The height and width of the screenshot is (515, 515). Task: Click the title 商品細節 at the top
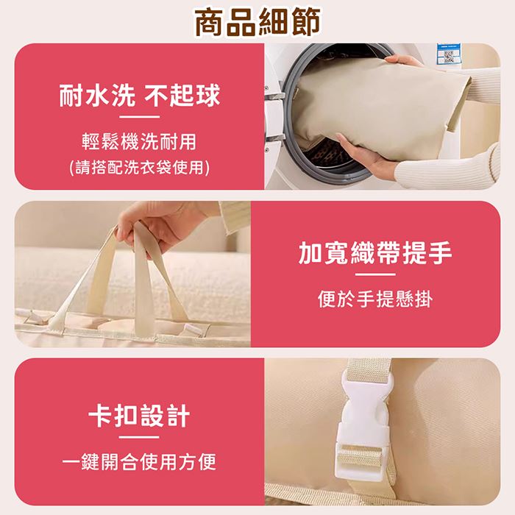pos(257,22)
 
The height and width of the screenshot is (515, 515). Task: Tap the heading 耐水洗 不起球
pos(139,95)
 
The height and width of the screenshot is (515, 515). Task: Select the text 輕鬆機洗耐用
pos(139,141)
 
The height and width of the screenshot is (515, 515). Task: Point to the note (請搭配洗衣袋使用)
pos(139,168)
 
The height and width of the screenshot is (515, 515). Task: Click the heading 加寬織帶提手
pos(375,253)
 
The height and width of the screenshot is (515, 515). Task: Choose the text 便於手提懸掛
pos(375,299)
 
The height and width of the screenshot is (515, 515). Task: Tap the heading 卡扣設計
pos(139,416)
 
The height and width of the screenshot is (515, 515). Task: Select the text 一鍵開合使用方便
pos(139,462)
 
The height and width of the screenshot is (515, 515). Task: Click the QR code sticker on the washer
pos(448,54)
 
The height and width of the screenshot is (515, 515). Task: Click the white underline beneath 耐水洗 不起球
pos(139,116)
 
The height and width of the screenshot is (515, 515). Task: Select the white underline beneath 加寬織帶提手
pos(375,274)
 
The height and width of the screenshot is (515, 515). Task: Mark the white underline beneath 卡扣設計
pos(139,437)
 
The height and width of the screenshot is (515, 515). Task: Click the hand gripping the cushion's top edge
pos(403,61)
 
